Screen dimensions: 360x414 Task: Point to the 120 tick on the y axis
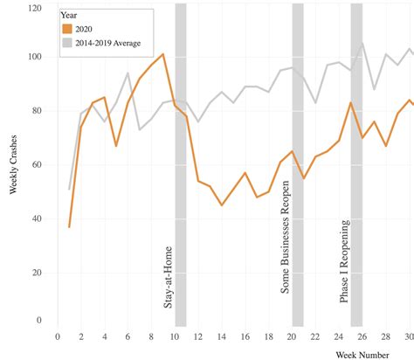point(34,8)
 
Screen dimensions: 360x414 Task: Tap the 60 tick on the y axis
point(37,164)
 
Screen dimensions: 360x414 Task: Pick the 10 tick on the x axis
point(175,336)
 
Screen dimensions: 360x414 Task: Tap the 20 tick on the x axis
point(292,336)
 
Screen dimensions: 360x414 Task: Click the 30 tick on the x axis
point(408,336)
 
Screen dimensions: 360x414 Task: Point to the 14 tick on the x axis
point(222,336)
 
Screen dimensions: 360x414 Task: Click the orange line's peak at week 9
point(163,54)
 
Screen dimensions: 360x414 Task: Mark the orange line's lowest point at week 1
point(69,226)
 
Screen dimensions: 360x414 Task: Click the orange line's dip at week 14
point(222,204)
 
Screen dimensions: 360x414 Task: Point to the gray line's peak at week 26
point(362,43)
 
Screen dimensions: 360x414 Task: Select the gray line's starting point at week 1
point(69,189)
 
